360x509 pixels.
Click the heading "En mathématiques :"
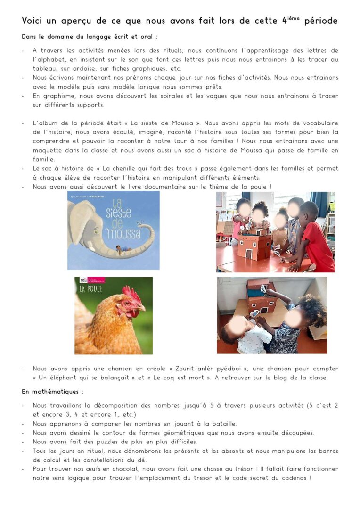click(x=52, y=392)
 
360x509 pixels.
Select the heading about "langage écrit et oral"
click(x=90, y=36)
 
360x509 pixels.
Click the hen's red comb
click(x=131, y=295)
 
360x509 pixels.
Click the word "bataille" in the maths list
click(x=222, y=424)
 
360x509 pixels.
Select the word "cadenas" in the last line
click(x=294, y=478)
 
